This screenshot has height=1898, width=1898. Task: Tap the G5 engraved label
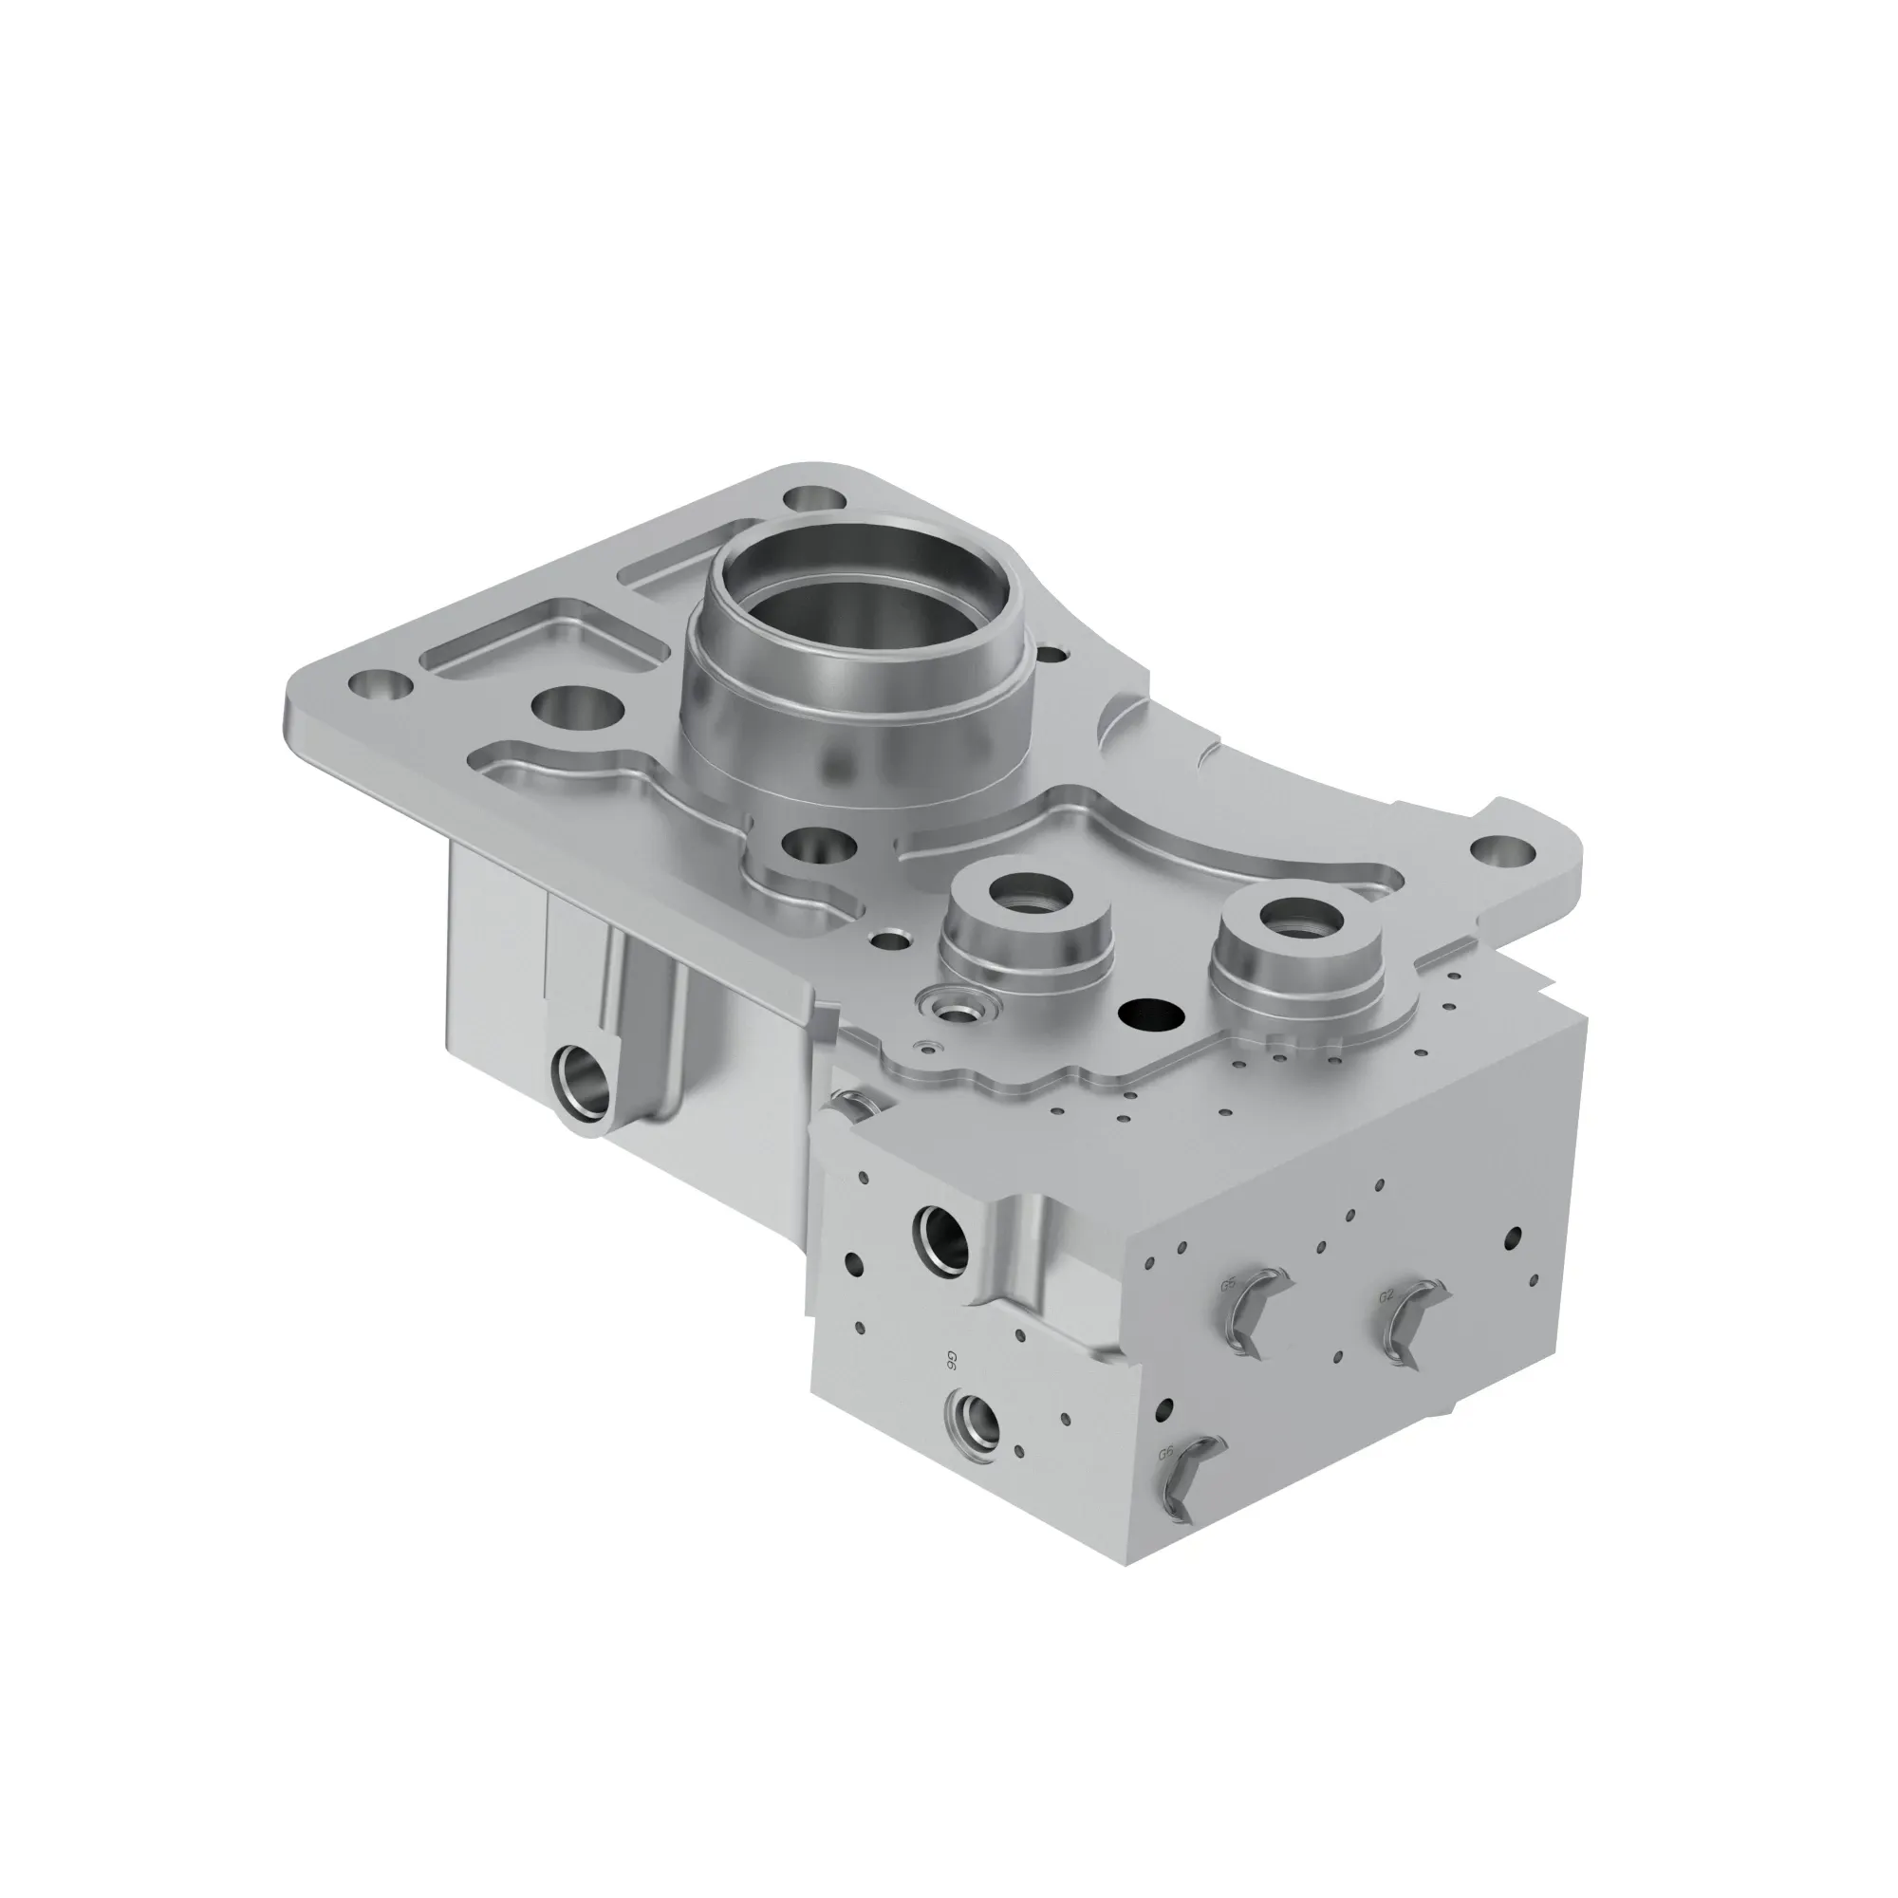[1228, 1284]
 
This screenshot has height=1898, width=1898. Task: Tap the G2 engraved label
[1386, 1295]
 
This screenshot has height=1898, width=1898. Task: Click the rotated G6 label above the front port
[951, 1361]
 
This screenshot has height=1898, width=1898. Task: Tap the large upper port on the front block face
[941, 1235]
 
